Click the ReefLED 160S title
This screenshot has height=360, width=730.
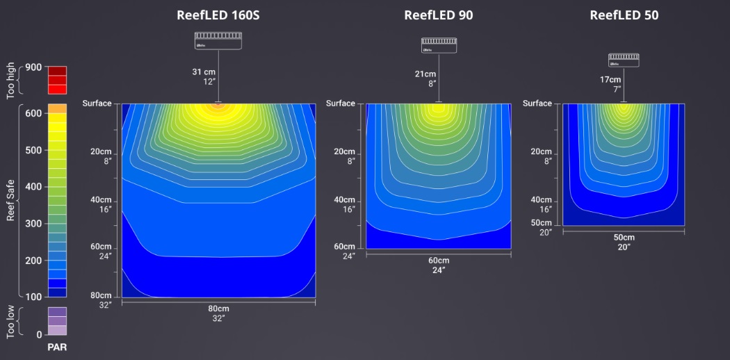pos(218,15)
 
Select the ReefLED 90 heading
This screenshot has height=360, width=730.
pos(439,15)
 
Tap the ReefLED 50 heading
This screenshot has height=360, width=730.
pos(624,15)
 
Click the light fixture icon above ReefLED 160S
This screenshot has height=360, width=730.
pos(218,40)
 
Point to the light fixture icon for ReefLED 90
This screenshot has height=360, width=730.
pos(439,45)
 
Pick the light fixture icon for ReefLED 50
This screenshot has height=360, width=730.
pos(624,60)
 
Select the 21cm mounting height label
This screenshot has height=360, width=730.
pos(425,74)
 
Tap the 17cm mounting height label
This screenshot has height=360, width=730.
pos(610,80)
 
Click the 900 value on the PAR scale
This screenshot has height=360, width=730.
pos(33,67)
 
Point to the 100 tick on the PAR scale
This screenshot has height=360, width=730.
pos(33,297)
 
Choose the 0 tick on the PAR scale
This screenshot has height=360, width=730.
pos(39,334)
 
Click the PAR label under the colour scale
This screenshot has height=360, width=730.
pos(57,347)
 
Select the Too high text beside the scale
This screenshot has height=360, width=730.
pos(10,80)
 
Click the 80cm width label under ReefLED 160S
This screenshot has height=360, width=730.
pos(218,309)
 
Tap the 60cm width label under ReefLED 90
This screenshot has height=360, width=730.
pos(439,261)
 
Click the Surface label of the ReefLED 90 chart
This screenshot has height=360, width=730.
pos(341,104)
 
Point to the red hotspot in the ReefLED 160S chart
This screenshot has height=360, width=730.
pos(218,105)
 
